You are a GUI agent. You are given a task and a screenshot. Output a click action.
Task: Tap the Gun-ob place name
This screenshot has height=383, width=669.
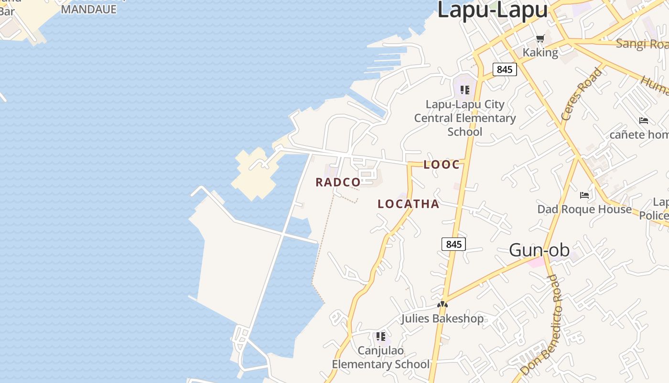tap(539, 250)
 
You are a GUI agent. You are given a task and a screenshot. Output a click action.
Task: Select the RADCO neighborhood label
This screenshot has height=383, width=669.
tap(338, 182)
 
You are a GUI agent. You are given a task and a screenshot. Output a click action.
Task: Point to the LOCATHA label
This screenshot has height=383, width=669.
tap(408, 204)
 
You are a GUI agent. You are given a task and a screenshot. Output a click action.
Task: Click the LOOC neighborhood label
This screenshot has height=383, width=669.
tap(442, 165)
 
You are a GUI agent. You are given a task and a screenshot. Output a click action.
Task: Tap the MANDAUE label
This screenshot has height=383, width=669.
tap(89, 9)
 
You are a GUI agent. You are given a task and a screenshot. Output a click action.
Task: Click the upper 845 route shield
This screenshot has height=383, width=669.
tap(504, 69)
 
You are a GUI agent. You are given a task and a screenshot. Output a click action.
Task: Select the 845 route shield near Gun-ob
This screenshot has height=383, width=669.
tap(453, 244)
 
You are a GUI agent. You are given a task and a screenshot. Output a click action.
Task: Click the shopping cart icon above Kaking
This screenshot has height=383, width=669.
tap(540, 39)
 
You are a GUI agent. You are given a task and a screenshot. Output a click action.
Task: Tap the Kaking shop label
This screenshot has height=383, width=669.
tap(540, 52)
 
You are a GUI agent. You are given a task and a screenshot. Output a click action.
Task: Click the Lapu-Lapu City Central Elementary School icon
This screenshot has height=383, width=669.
tap(464, 90)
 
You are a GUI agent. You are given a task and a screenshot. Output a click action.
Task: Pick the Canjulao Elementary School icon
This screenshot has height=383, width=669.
tap(380, 336)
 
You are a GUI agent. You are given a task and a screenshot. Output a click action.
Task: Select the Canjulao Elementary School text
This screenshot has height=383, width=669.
tap(380, 358)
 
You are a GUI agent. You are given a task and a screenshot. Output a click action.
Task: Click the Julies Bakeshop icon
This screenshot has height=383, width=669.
tap(442, 304)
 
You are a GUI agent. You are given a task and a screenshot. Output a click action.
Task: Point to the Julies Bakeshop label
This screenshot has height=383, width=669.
tap(442, 318)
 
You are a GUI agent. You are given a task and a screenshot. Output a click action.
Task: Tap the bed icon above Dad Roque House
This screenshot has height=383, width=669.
tap(584, 195)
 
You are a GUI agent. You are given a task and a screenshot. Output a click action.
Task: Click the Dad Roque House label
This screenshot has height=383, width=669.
tap(584, 209)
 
